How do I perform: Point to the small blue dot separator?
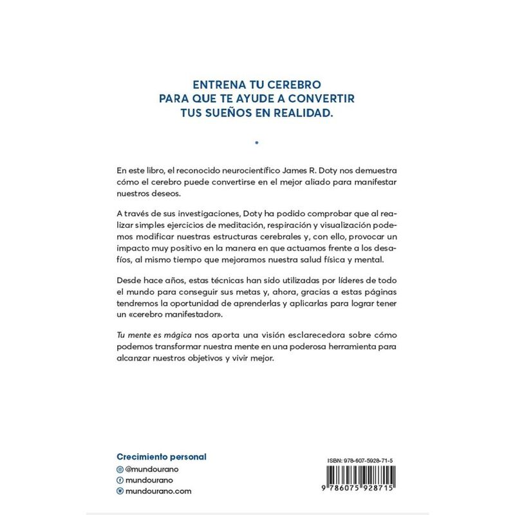tap(257, 142)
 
